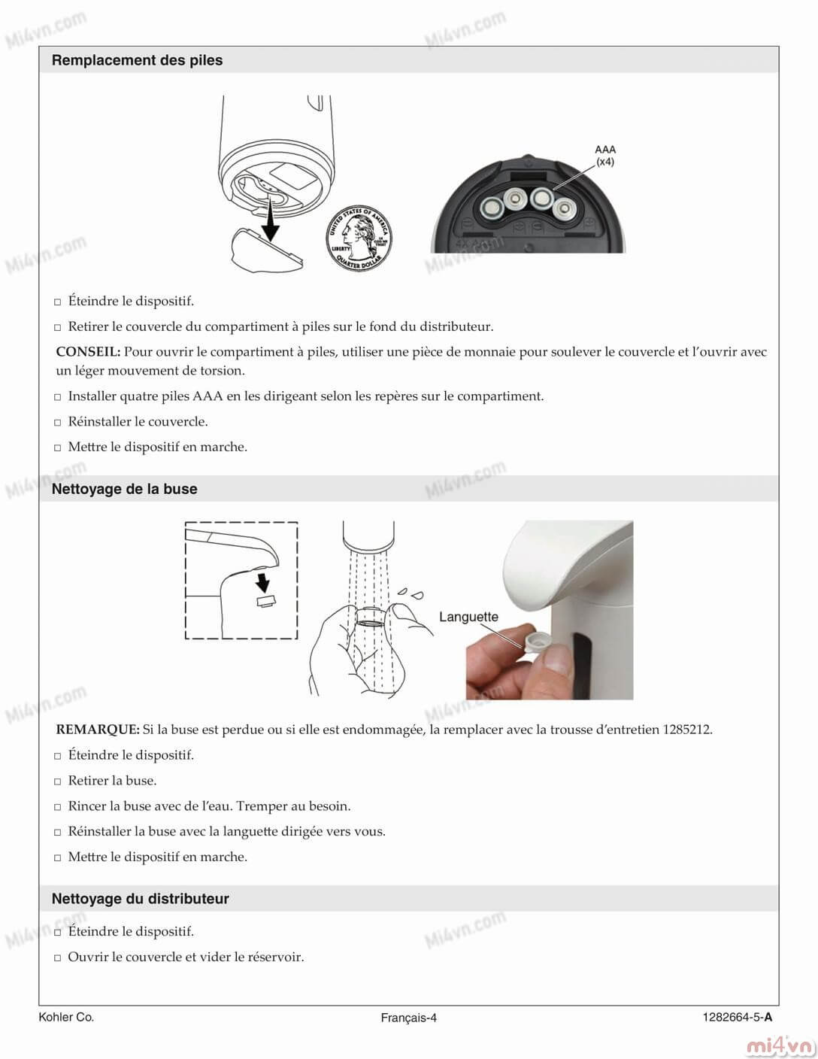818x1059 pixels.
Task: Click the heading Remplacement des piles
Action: pos(137,60)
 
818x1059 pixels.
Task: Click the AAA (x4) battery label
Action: pos(604,156)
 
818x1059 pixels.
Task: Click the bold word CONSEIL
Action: pos(88,351)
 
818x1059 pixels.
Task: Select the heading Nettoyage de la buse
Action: pos(124,489)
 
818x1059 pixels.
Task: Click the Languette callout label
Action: pos(468,617)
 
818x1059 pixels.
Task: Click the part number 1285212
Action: pos(687,729)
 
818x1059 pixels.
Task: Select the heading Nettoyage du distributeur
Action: pos(140,899)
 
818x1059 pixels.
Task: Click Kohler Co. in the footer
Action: pos(66,1017)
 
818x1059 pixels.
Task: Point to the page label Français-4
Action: pos(408,1018)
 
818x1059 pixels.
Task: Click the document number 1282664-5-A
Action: pos(737,1018)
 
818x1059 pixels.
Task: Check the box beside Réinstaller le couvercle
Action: pos(57,422)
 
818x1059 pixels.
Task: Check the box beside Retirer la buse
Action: pos(57,781)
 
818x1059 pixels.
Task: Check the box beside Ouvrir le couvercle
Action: pos(57,958)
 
